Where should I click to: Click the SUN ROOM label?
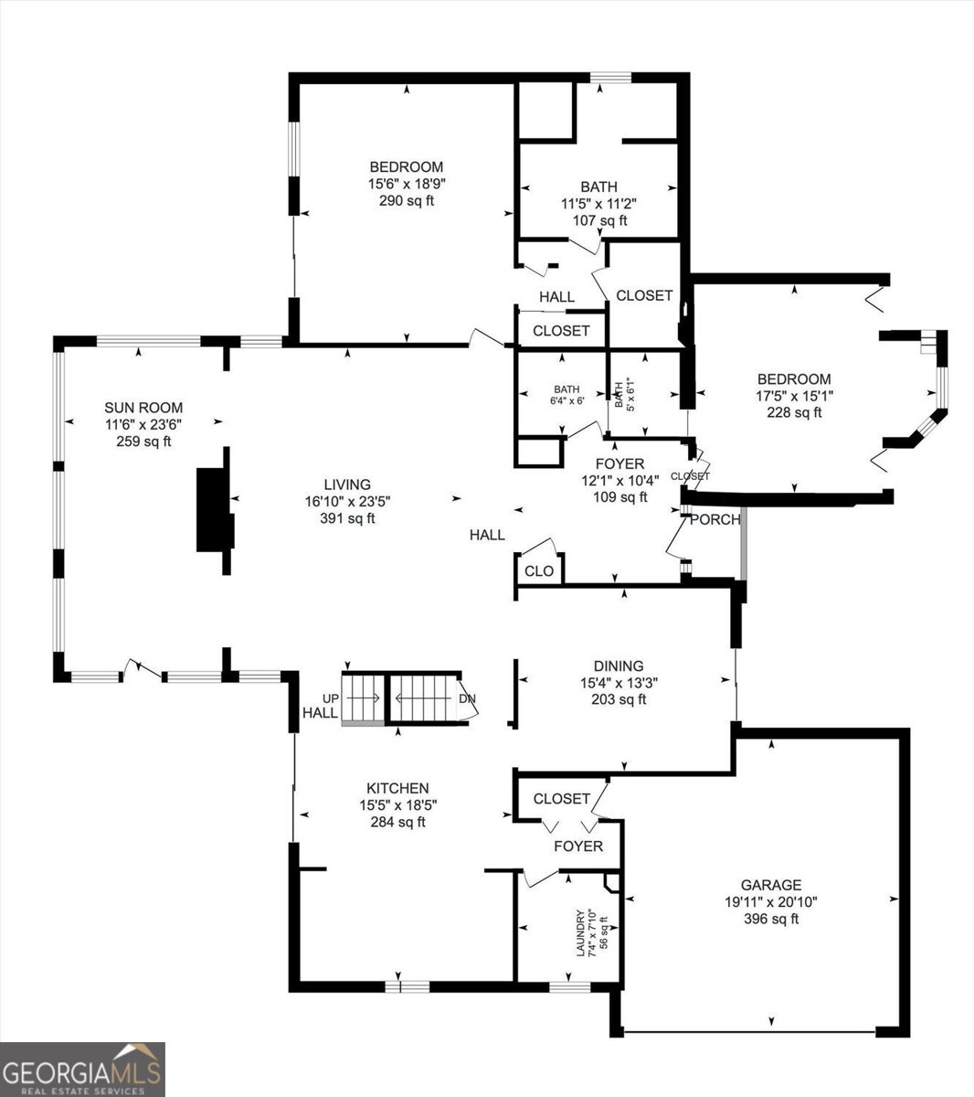(143, 407)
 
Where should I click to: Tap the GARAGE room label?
(771, 885)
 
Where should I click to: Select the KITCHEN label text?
(397, 788)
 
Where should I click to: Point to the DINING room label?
(619, 666)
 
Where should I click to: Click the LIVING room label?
(347, 485)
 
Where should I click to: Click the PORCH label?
(715, 519)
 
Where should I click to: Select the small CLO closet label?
(539, 570)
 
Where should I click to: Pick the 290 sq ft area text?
(407, 200)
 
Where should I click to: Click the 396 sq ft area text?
(771, 919)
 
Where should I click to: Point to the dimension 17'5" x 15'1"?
(794, 395)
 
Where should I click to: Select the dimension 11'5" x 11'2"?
(599, 204)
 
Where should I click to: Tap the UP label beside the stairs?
(331, 698)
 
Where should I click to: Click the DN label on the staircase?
(467, 698)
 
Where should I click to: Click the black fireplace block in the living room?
(215, 510)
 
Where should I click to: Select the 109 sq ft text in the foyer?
(620, 496)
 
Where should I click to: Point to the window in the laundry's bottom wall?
(570, 986)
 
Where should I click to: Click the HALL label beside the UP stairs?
(320, 712)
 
